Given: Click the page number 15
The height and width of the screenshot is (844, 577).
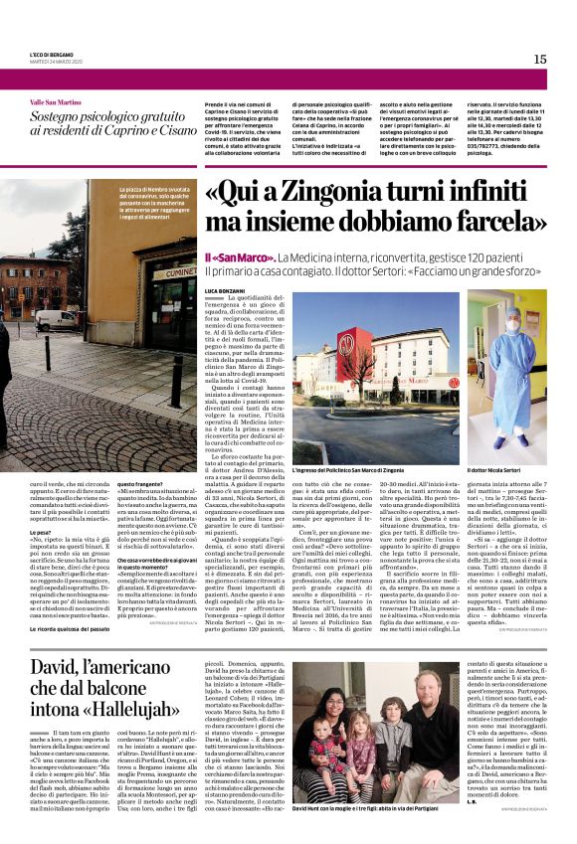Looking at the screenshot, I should [540, 59].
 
